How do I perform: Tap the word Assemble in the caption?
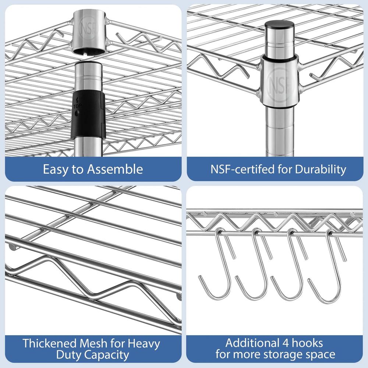point(115,169)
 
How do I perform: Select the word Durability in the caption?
point(321,170)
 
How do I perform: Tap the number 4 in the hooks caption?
point(286,343)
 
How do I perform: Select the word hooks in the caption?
point(307,343)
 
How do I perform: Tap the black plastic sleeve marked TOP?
point(88,114)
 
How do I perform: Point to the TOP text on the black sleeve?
point(77,106)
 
